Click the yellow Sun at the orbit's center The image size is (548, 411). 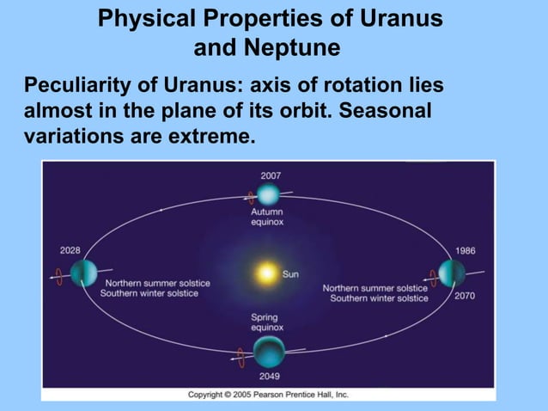266,274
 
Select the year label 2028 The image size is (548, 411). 70,250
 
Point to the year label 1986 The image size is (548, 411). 465,250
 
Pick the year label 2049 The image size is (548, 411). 270,376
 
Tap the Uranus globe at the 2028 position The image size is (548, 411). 83,273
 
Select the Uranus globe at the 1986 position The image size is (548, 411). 452,273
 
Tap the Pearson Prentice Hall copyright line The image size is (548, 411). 268,395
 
